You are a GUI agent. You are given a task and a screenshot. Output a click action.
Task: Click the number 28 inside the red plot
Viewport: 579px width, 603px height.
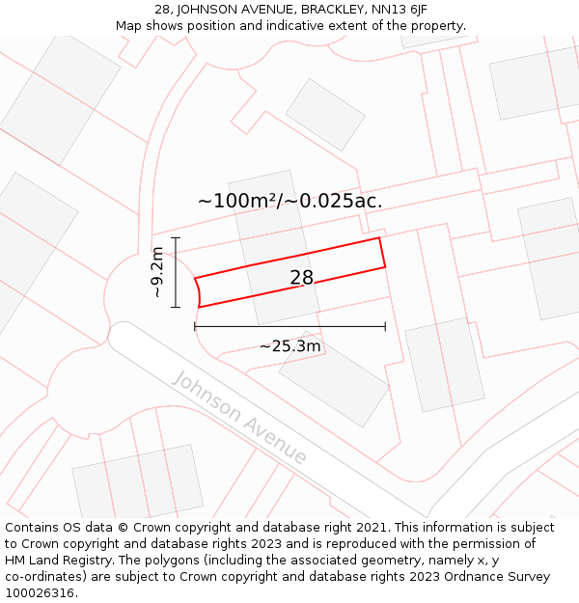coord(302,278)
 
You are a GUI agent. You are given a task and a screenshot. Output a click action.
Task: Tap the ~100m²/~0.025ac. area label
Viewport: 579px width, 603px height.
coord(289,201)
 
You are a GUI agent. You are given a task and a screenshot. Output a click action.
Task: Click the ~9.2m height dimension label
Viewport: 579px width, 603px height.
coord(157,272)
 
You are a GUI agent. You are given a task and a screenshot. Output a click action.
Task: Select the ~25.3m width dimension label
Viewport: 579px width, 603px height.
coord(289,345)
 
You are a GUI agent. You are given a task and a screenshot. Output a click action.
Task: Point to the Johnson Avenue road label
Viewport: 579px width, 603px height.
coord(239,416)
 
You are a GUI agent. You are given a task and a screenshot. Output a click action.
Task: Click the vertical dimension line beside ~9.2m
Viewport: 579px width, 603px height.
coord(176,272)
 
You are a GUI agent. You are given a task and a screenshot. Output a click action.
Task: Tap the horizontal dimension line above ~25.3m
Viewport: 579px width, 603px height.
coord(289,327)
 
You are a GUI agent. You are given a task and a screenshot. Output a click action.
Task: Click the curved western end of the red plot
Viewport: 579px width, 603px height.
coord(198,292)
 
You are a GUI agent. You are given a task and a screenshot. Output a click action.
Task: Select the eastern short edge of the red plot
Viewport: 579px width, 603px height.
coord(382,253)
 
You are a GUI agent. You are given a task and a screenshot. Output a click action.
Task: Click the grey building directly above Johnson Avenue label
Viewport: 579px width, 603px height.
coord(334,378)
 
